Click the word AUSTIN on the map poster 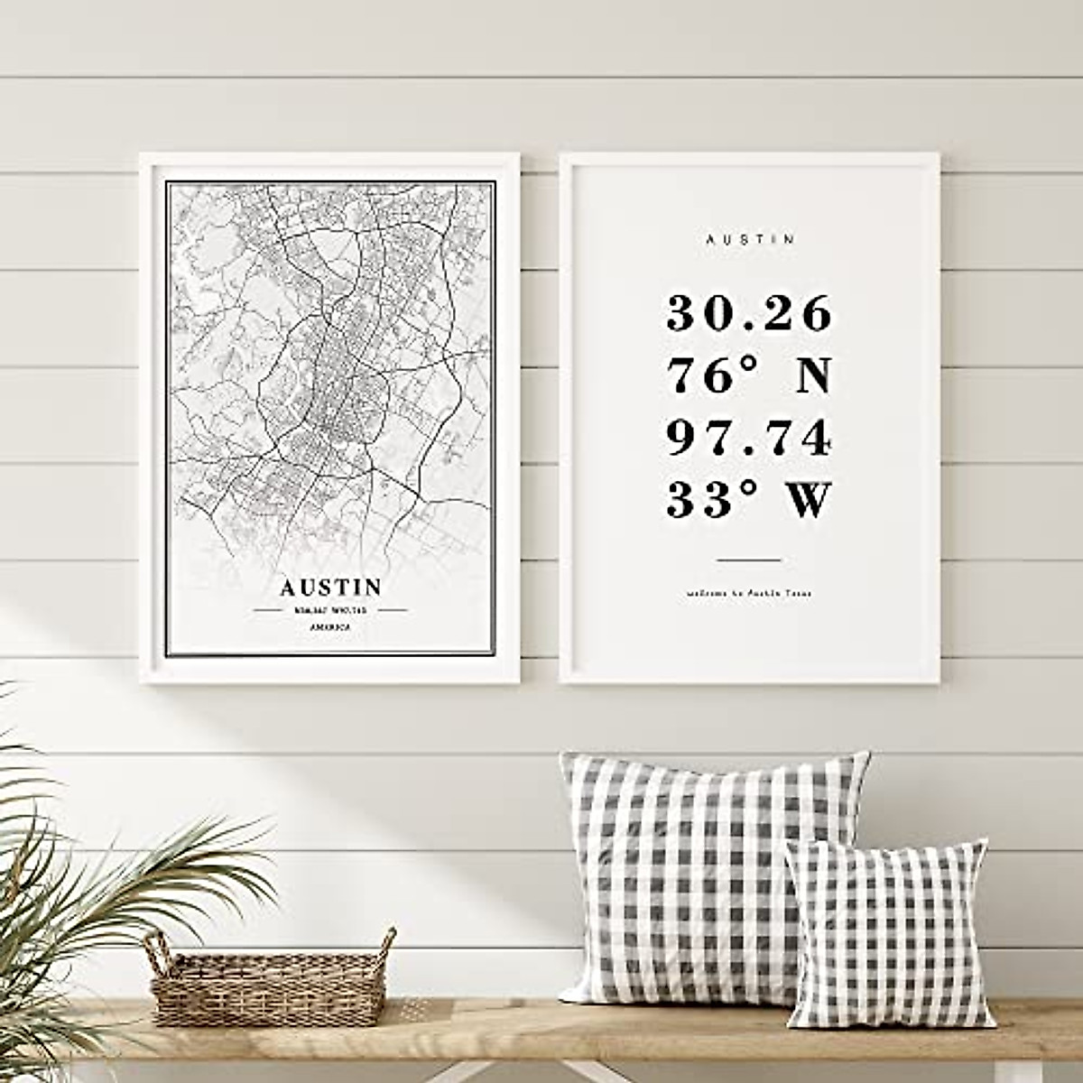click(x=330, y=587)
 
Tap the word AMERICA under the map click(x=330, y=626)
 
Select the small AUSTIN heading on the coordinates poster click(x=751, y=240)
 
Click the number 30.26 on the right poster click(x=749, y=313)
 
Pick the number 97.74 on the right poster click(x=749, y=438)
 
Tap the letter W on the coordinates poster click(x=810, y=500)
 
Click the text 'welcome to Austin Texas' click(x=749, y=594)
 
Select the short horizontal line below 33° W click(x=749, y=560)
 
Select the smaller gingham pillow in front click(x=889, y=934)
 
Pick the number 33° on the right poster click(x=704, y=500)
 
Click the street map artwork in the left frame click(x=330, y=379)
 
